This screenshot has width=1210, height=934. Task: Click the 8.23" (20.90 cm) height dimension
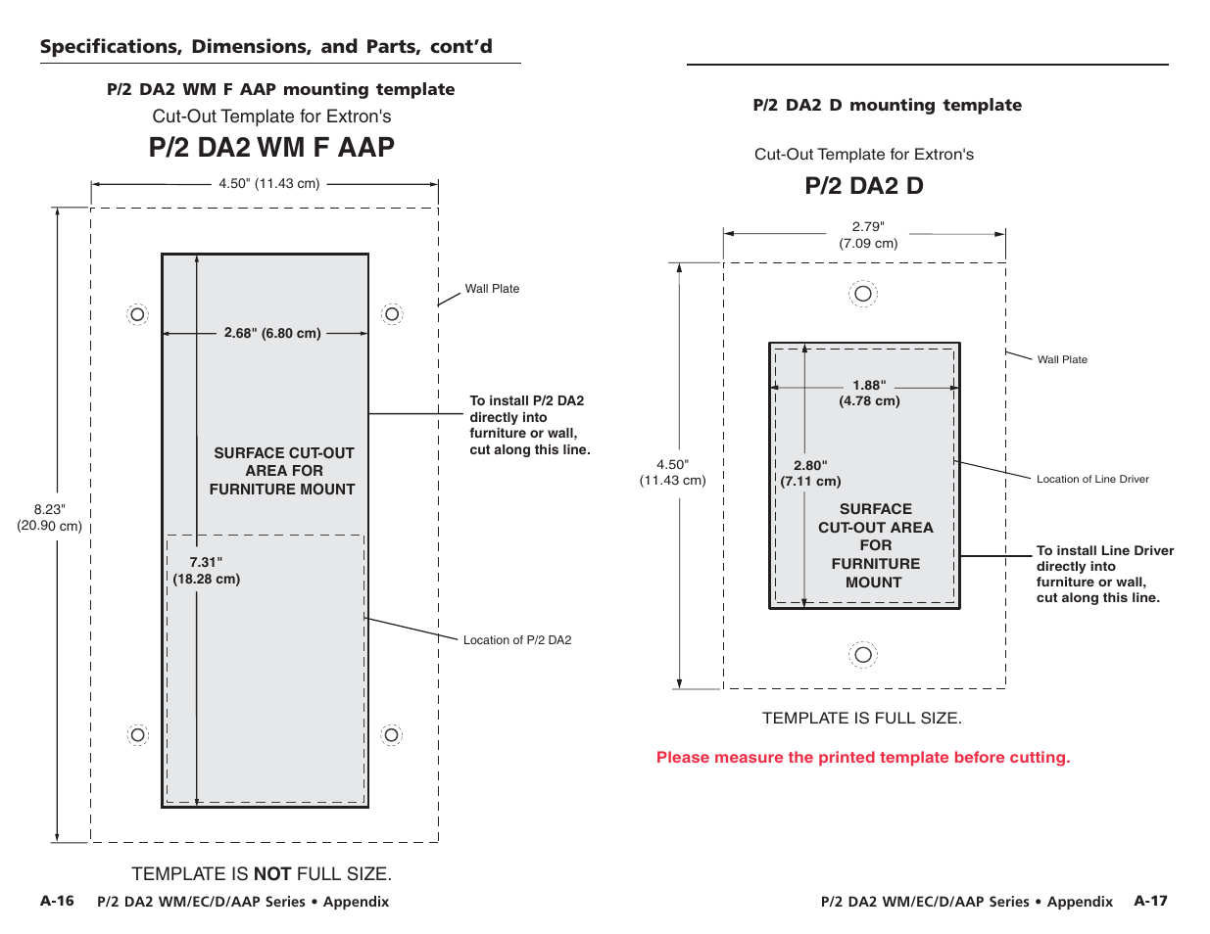coord(49,517)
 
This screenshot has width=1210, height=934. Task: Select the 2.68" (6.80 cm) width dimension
coord(271,333)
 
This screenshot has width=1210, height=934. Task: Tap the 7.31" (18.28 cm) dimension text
coord(206,570)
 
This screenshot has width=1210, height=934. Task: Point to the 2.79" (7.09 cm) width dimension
coord(868,235)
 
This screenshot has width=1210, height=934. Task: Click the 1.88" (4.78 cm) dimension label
coord(869,393)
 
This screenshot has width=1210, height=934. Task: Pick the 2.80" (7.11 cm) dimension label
coord(810,473)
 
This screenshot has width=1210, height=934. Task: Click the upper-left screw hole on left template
coord(138,314)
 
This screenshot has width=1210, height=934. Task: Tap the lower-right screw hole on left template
coord(392,735)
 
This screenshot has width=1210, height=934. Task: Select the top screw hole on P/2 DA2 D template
coord(863,294)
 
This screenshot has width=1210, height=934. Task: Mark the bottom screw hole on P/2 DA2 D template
coord(863,655)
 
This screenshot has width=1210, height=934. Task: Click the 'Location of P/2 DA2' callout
coord(517,640)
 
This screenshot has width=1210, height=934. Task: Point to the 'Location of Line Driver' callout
coord(1092,479)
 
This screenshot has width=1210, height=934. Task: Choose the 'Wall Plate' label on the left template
coord(492,289)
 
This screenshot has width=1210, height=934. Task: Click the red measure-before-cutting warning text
coord(863,757)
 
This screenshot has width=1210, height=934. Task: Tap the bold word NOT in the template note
coord(272,873)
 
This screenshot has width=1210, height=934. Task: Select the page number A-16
coord(57,901)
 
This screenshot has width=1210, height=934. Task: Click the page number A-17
coord(1150,901)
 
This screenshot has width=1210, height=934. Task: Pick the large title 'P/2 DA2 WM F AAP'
coord(271,147)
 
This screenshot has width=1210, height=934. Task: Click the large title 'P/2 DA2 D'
coord(864,186)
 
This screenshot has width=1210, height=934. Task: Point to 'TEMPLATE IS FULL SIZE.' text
coord(862,718)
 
